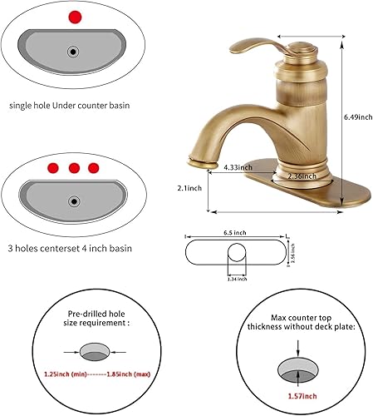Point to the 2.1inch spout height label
coord(189,189)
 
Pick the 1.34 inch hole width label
coord(236,280)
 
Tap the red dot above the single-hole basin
coord(76,16)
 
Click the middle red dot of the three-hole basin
coord(75,168)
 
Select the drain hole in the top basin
coord(75,52)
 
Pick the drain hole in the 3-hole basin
coord(75,201)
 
